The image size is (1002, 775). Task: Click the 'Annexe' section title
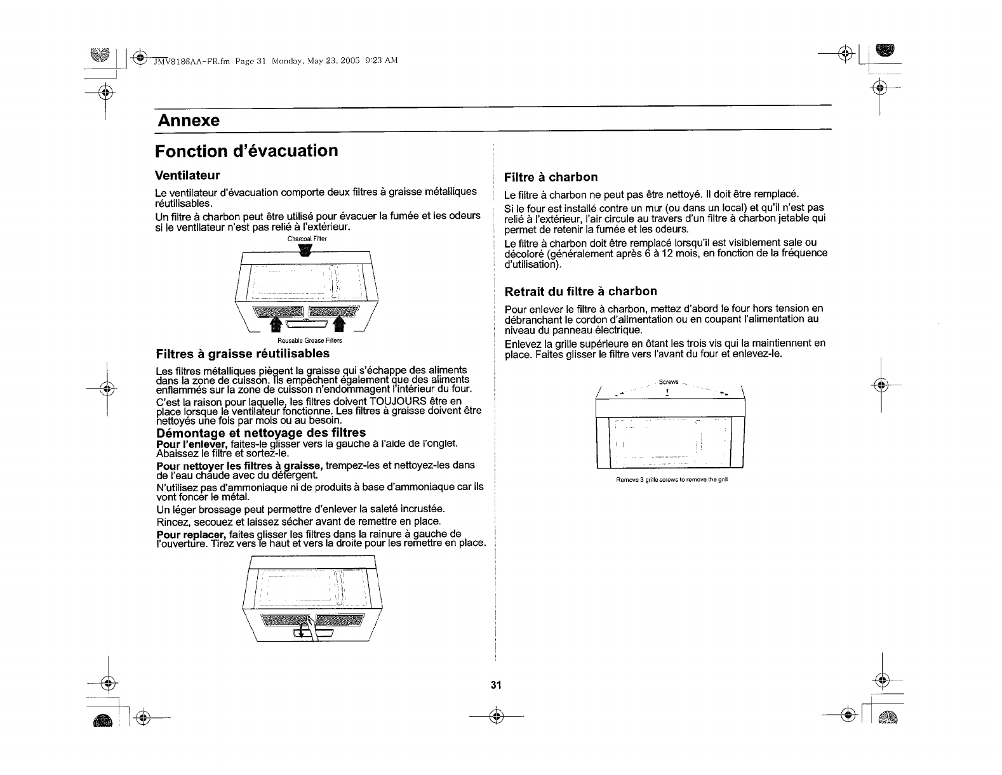point(189,120)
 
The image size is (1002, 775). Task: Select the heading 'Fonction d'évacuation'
point(247,151)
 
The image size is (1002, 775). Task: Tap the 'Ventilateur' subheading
point(187,175)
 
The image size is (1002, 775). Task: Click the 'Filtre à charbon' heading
point(551,177)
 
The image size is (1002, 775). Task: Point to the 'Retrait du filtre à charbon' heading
point(580,291)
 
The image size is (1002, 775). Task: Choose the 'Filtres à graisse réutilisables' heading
point(243,353)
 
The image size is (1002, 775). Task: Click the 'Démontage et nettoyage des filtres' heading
point(261,433)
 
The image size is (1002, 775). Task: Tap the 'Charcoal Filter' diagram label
point(307,239)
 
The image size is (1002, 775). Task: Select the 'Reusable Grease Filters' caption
point(306,341)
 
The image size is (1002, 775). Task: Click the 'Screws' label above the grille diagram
point(669,382)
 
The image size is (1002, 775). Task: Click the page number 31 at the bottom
point(496,685)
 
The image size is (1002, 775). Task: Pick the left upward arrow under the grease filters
point(277,324)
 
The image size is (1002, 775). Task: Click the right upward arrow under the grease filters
point(338,324)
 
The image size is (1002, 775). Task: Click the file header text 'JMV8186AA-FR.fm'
point(192,61)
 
